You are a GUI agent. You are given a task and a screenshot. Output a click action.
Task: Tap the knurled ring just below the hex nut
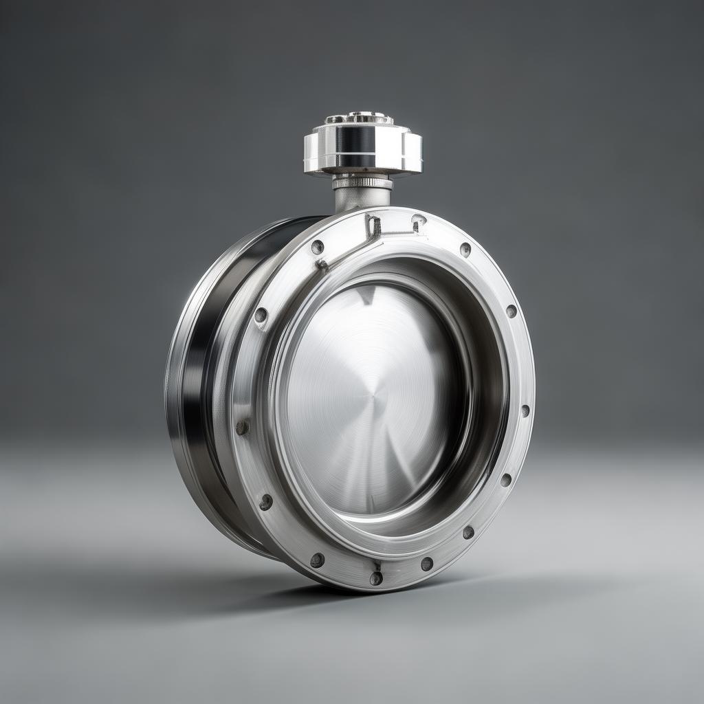coord(362,183)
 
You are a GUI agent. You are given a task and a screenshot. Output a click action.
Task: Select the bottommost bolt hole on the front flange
coord(376,578)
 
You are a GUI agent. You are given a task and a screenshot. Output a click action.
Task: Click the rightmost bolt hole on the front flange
coord(525,410)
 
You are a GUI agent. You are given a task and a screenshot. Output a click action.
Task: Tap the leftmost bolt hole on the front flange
coord(242,428)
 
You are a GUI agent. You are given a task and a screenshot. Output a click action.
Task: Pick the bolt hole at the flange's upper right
coord(465,250)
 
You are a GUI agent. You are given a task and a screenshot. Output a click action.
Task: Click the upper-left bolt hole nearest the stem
coord(317,247)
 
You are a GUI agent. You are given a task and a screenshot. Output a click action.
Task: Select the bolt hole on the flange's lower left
coord(266,503)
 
